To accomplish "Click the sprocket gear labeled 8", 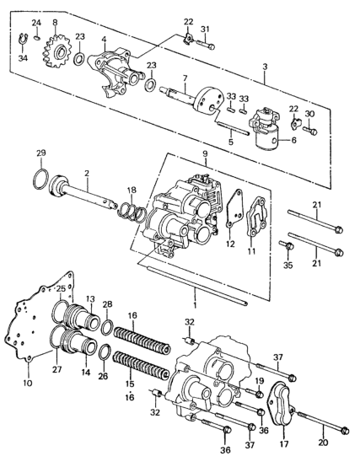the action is click(x=56, y=52).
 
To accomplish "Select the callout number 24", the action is click(x=36, y=23).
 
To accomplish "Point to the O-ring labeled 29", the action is click(x=40, y=180).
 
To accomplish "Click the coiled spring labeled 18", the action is click(x=132, y=212).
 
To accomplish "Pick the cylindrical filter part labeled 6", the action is click(x=266, y=129).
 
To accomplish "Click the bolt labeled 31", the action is click(x=206, y=46).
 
